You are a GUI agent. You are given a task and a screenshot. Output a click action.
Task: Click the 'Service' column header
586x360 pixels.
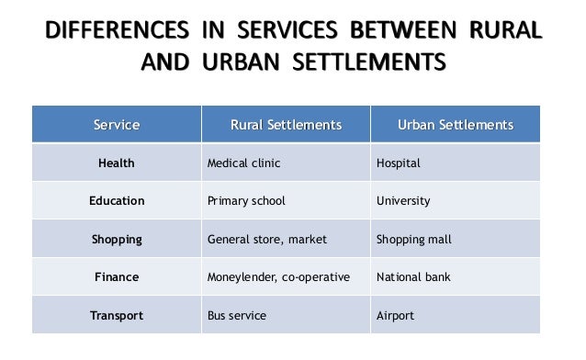pos(117,125)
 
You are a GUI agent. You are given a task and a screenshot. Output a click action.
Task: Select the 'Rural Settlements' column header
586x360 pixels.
pos(286,125)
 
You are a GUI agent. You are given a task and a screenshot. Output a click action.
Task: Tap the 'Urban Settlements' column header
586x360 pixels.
pos(455,125)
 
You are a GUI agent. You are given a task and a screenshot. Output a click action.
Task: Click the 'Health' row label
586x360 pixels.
pos(117,163)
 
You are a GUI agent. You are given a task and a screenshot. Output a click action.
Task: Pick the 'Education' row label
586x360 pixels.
pos(117,201)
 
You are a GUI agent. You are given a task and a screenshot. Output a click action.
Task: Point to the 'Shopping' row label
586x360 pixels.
pos(117,240)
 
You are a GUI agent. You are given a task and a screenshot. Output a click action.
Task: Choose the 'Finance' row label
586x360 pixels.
pos(117,276)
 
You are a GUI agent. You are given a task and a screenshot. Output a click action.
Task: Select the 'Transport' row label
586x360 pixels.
pos(117,316)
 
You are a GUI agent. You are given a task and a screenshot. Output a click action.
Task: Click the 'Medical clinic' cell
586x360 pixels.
pos(243,163)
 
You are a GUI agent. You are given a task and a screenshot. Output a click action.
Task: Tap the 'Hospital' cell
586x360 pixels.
pos(399,163)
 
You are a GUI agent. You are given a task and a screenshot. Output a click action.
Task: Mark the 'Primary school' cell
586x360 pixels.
pos(246,201)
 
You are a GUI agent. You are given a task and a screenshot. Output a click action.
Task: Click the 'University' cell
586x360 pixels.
pos(403,201)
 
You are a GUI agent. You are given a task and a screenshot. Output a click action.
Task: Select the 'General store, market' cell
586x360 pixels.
pos(267,240)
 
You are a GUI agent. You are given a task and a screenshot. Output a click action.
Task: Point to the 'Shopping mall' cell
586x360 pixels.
pos(414,240)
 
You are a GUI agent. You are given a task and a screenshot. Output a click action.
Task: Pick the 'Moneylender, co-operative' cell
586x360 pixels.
pos(278,276)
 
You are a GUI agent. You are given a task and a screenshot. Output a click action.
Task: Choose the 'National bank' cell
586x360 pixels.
pos(413,276)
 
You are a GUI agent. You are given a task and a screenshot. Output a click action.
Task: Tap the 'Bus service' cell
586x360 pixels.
pos(237,316)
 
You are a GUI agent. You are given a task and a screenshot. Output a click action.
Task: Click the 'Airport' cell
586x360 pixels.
pos(396,316)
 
